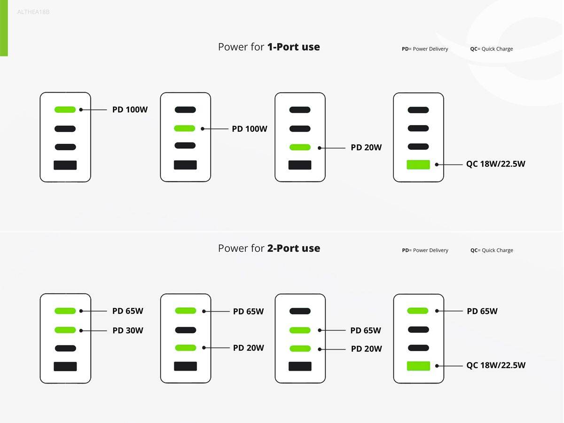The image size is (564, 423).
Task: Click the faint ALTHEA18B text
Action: click(x=33, y=12)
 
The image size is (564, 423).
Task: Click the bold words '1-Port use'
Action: click(x=293, y=47)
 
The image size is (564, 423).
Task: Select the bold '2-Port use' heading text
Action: click(x=294, y=248)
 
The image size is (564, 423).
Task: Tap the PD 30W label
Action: click(x=128, y=330)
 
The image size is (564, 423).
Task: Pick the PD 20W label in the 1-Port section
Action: click(x=366, y=148)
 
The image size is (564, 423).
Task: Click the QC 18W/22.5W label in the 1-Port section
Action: click(x=496, y=164)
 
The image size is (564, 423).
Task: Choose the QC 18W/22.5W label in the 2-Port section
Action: click(x=496, y=365)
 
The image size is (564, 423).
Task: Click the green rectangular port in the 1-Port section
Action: click(x=418, y=164)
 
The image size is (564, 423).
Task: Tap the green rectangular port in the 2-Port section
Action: click(x=418, y=366)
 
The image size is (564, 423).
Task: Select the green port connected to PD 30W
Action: click(x=65, y=330)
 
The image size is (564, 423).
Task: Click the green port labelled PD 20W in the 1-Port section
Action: click(x=300, y=147)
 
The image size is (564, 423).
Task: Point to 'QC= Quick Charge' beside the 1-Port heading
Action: click(x=491, y=49)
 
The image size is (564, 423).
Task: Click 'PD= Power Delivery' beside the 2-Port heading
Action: click(x=425, y=250)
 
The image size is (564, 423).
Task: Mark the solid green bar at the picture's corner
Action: click(x=4, y=28)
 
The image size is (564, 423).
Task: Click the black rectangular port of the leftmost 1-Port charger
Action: click(x=65, y=165)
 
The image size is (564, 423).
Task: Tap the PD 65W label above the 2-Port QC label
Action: click(x=482, y=311)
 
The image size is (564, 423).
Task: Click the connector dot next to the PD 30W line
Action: click(x=81, y=330)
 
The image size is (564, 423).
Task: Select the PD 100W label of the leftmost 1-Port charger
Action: click(x=130, y=110)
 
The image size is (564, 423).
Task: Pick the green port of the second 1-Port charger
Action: click(x=185, y=128)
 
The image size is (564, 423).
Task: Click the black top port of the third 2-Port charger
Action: click(x=300, y=311)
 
